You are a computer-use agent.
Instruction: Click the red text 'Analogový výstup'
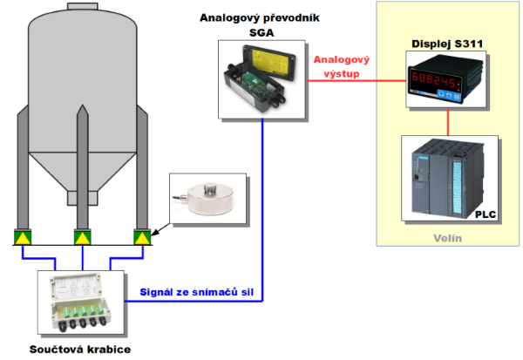coord(342,66)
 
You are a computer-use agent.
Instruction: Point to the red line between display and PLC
coord(448,122)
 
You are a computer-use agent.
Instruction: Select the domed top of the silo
coord(82,17)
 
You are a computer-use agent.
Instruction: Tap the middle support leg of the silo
coord(81,174)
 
